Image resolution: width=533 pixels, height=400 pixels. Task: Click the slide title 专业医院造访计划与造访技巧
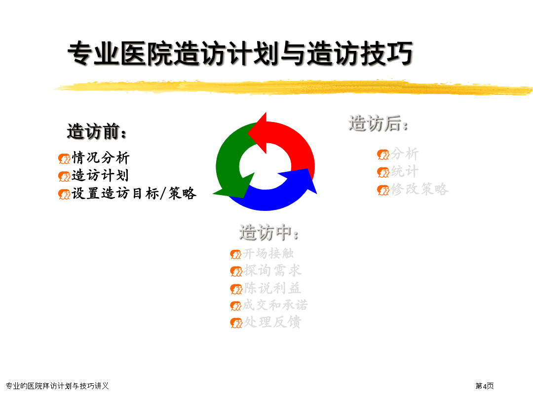click(240, 53)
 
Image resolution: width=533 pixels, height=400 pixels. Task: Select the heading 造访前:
click(97, 131)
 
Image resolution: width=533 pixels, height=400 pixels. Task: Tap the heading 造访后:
click(379, 123)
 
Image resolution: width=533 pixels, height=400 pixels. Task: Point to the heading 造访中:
click(269, 233)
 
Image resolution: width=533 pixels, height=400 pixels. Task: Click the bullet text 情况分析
click(101, 158)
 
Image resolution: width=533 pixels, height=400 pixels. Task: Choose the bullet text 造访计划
click(100, 175)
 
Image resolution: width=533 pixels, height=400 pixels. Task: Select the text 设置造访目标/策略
click(134, 193)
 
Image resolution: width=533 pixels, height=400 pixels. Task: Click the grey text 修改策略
click(419, 189)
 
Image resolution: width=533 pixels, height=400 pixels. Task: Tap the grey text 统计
click(405, 171)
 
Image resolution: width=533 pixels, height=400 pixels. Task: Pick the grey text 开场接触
click(268, 253)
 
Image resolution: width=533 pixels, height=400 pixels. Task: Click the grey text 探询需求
click(272, 271)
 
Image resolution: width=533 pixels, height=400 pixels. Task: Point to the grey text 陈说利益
click(272, 288)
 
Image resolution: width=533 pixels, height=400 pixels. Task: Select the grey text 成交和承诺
click(275, 305)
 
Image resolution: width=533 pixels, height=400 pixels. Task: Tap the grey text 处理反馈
click(272, 322)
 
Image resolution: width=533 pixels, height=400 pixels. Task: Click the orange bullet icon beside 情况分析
click(64, 159)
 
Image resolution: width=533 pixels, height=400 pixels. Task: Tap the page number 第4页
click(485, 386)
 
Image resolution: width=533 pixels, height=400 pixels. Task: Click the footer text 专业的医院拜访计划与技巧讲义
click(57, 386)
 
